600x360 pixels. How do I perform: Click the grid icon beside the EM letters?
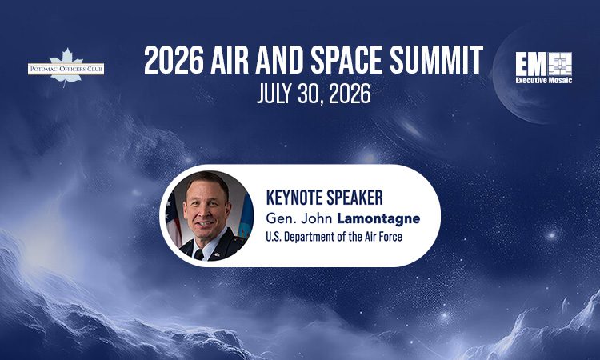tap(562, 62)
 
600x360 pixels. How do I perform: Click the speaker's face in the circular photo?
tap(206, 210)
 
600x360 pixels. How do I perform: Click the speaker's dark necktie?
tap(199, 254)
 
